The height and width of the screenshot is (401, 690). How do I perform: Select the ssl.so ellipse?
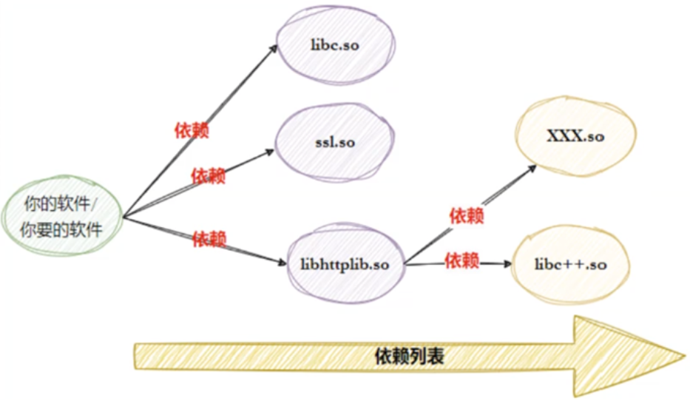click(335, 143)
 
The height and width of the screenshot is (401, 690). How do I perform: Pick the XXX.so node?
click(575, 138)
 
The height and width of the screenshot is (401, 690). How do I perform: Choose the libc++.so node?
click(570, 264)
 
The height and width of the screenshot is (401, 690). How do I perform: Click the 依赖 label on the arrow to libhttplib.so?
click(209, 239)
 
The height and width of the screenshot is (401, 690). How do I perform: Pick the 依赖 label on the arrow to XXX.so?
click(467, 216)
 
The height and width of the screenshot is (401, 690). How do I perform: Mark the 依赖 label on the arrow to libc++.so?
click(461, 260)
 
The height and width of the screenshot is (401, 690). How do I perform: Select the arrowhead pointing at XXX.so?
click(534, 169)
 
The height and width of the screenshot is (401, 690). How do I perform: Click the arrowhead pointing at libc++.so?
click(509, 263)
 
